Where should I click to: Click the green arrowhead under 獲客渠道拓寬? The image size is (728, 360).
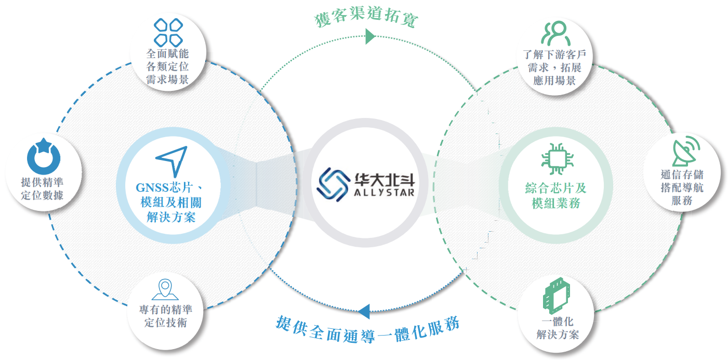coord(370,36)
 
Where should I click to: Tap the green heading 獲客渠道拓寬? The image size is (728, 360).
coord(367,18)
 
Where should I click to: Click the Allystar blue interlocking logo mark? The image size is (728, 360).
coord(333,184)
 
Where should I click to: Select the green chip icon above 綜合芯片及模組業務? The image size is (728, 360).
coord(555,155)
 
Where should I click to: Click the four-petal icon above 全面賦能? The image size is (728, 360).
coord(167,32)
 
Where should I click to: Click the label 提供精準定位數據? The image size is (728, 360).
coord(43,189)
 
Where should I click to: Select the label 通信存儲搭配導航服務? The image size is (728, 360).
coord(682,188)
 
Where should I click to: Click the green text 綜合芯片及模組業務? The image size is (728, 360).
coord(555,195)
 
